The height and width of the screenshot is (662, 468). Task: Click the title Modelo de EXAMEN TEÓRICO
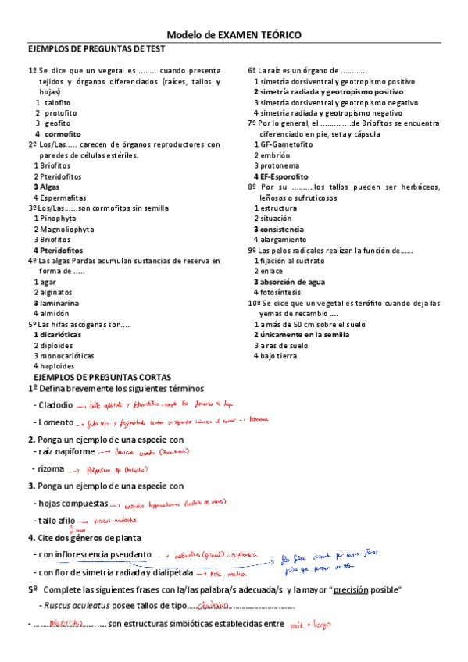click(x=234, y=35)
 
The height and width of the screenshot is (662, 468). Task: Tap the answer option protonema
click(x=278, y=165)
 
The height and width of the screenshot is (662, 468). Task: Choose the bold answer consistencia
click(x=282, y=230)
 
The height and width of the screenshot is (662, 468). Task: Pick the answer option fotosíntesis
click(x=282, y=292)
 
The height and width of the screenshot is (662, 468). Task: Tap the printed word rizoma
click(x=52, y=468)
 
